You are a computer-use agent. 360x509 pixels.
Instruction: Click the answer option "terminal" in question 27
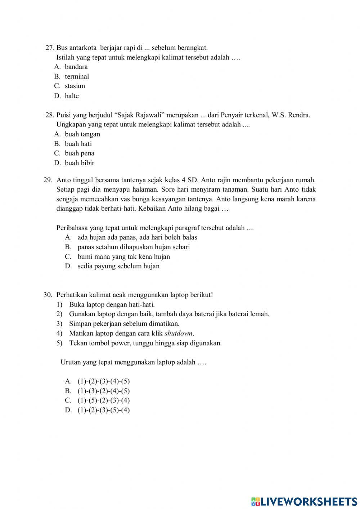pyautogui.click(x=77, y=76)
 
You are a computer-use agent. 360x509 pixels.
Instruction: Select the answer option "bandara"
pyautogui.click(x=76, y=67)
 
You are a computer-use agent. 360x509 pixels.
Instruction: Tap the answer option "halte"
pyautogui.click(x=72, y=96)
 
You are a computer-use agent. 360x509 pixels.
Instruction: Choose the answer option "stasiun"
pyautogui.click(x=75, y=86)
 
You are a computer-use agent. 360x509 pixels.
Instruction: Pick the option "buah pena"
pyautogui.click(x=80, y=153)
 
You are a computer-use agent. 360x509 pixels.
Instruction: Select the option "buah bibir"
pyautogui.click(x=80, y=163)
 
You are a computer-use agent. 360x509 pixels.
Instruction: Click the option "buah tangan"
pyautogui.click(x=82, y=134)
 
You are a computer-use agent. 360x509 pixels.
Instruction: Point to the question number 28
pyautogui.click(x=50, y=115)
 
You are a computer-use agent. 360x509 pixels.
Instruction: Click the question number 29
pyautogui.click(x=48, y=180)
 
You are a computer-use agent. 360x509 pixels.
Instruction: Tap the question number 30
pyautogui.click(x=48, y=295)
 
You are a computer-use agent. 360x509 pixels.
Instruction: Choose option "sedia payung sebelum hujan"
pyautogui.click(x=118, y=266)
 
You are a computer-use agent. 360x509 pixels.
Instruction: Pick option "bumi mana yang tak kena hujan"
pyautogui.click(x=123, y=256)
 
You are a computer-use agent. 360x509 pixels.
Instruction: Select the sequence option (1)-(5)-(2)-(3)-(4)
pyautogui.click(x=104, y=400)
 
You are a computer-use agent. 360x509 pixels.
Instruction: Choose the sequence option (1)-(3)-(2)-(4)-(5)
pyautogui.click(x=104, y=391)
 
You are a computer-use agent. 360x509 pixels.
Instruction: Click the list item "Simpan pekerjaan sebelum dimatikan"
pyautogui.click(x=124, y=323)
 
